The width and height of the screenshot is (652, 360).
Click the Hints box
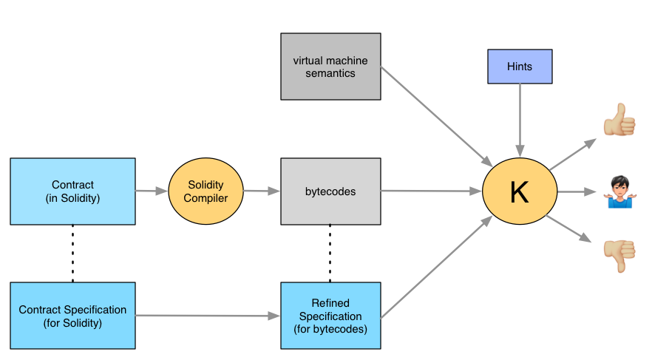(x=520, y=67)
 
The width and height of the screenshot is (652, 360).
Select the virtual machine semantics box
(x=330, y=67)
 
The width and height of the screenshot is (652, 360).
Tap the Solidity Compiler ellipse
(x=206, y=191)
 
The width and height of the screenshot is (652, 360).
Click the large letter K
(x=520, y=192)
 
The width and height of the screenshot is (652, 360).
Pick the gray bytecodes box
(x=330, y=191)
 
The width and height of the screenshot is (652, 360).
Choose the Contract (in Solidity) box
(x=72, y=191)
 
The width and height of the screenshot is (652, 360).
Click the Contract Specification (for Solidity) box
(x=72, y=316)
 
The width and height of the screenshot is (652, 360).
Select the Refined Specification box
(x=330, y=316)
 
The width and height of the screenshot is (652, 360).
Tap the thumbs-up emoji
(x=619, y=120)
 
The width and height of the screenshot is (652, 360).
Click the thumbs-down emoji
(x=619, y=256)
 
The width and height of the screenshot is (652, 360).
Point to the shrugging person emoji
(x=620, y=192)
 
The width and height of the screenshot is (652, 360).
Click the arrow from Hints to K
(x=520, y=120)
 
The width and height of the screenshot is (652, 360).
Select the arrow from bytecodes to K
(x=431, y=191)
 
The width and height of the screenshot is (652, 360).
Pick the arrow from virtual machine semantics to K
(x=437, y=116)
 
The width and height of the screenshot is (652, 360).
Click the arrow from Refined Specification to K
(x=437, y=268)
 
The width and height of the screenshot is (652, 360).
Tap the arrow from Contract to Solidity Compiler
(x=152, y=191)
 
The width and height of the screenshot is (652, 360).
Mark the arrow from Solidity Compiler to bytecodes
(x=262, y=191)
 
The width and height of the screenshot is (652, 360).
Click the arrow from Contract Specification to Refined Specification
(x=208, y=316)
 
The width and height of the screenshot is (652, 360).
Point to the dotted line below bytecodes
(x=330, y=254)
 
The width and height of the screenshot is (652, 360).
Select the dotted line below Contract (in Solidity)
(x=72, y=254)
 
